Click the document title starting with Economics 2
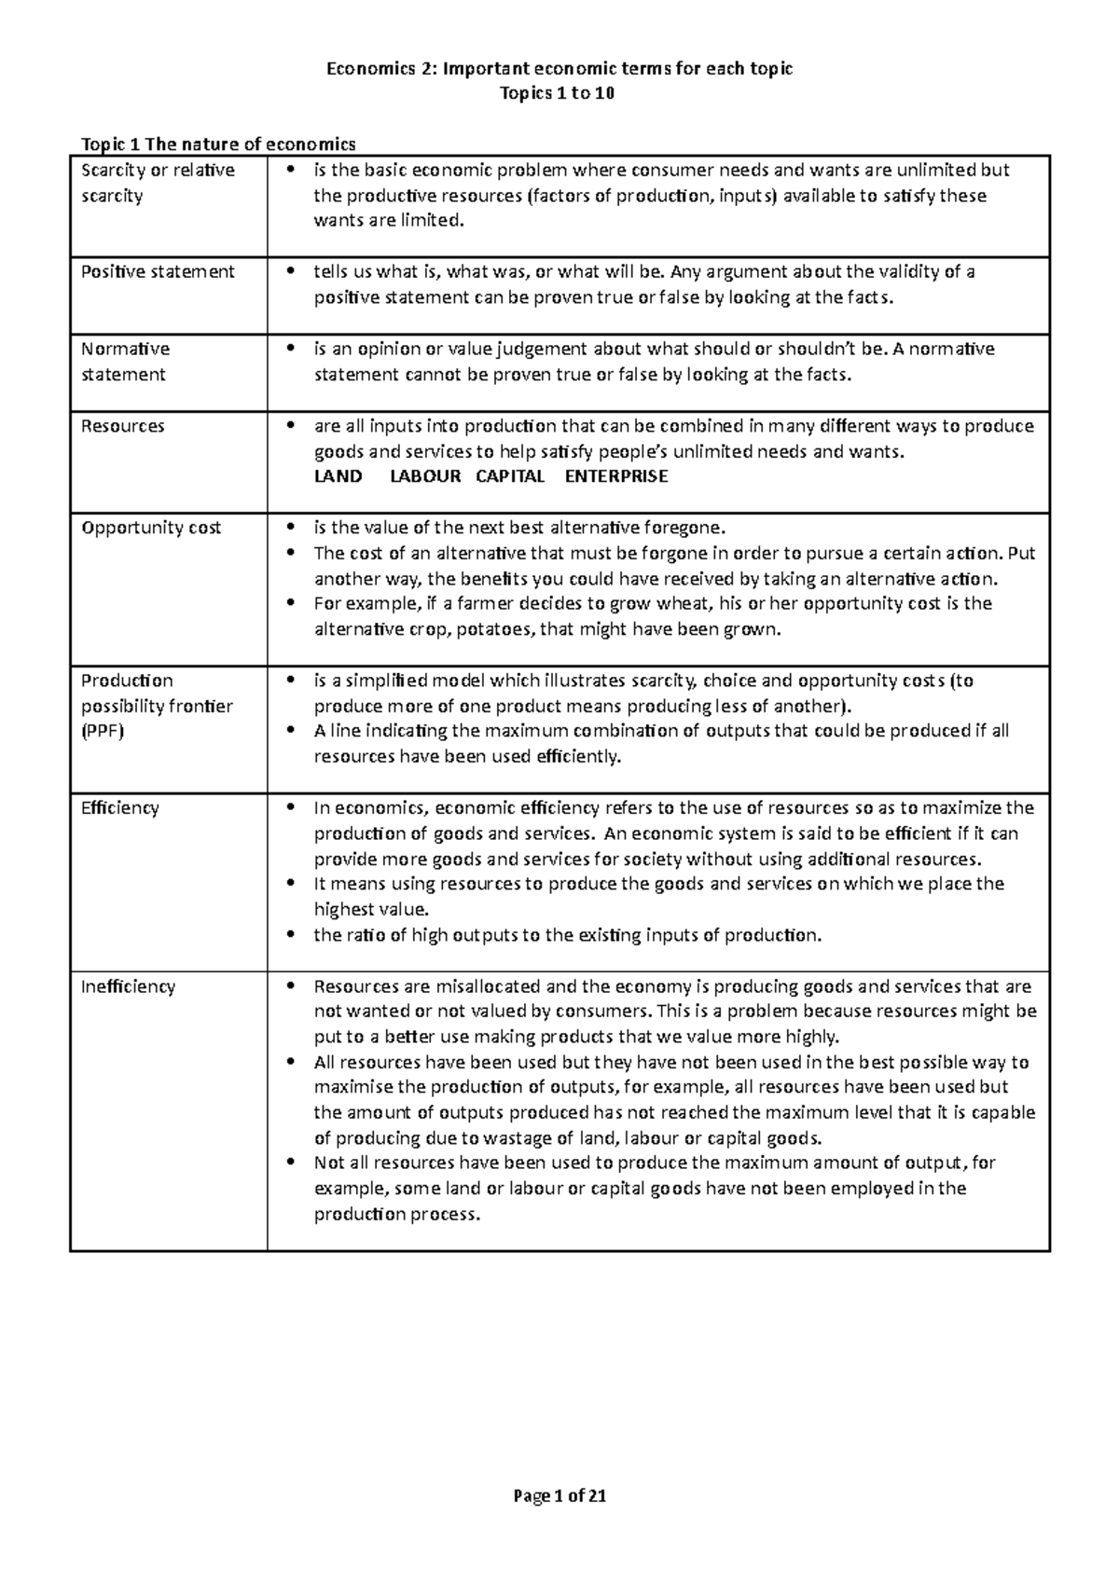(x=559, y=68)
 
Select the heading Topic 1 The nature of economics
(x=219, y=144)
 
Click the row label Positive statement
(x=158, y=272)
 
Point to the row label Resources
(x=123, y=426)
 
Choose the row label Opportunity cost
(x=151, y=528)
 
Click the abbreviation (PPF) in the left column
(x=103, y=731)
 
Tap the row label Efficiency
(x=120, y=808)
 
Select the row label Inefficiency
(x=128, y=986)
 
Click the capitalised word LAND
(x=338, y=476)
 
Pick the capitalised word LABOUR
(x=425, y=476)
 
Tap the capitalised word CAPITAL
(x=510, y=476)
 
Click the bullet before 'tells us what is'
(x=292, y=272)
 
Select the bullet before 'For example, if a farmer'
(x=292, y=604)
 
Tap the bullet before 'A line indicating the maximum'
(x=292, y=731)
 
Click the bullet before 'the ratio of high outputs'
(x=292, y=935)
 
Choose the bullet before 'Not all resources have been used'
(x=292, y=1163)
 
